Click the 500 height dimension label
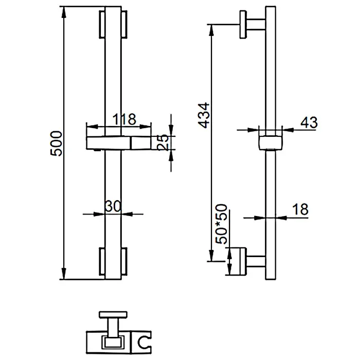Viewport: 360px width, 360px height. [x=56, y=143]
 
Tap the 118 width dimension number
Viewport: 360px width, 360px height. [x=124, y=119]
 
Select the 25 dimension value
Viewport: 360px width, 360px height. [x=163, y=142]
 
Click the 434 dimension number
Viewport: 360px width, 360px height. [x=204, y=115]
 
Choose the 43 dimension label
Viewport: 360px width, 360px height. [x=309, y=122]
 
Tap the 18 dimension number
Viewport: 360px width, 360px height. [x=300, y=209]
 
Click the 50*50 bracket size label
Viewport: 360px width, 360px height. [x=221, y=224]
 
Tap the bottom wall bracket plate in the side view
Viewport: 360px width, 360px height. [x=238, y=261]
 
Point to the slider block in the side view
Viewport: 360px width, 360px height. [x=271, y=143]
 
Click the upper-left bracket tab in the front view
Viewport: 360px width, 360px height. [x=102, y=24]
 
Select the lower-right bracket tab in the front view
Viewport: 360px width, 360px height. [x=124, y=261]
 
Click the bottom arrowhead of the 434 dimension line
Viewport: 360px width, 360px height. [x=211, y=256]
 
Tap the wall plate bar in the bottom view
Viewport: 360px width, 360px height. [x=113, y=315]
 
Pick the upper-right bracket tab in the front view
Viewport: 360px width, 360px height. [x=124, y=24]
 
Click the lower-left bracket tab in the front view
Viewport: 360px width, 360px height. [x=102, y=261]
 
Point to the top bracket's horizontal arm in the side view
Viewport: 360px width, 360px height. [x=256, y=24]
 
